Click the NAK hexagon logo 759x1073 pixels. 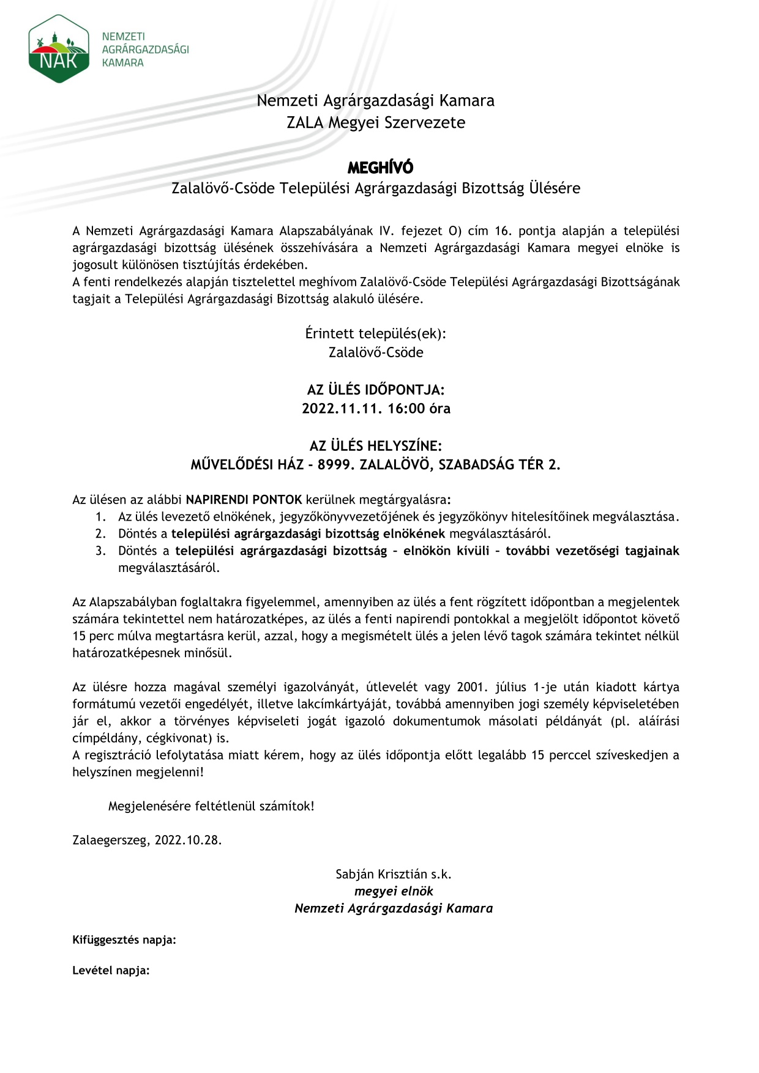[x=59, y=50]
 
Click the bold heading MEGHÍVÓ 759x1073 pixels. [x=380, y=168]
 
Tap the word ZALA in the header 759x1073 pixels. [x=305, y=122]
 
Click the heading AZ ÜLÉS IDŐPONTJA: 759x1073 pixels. [x=376, y=390]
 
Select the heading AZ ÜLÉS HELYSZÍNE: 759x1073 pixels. [x=376, y=446]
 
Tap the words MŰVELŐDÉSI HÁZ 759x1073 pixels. [x=247, y=464]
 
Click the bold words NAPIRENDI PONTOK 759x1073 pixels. [x=244, y=499]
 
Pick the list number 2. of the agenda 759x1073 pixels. [x=101, y=533]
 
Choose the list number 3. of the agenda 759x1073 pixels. [x=101, y=551]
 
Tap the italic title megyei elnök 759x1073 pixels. [x=394, y=891]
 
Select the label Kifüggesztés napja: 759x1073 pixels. [x=124, y=940]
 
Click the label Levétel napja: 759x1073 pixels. [x=111, y=970]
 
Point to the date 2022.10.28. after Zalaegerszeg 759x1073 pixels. [x=188, y=840]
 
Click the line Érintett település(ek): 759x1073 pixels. [x=376, y=334]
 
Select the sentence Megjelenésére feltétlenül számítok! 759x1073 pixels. [x=211, y=806]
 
